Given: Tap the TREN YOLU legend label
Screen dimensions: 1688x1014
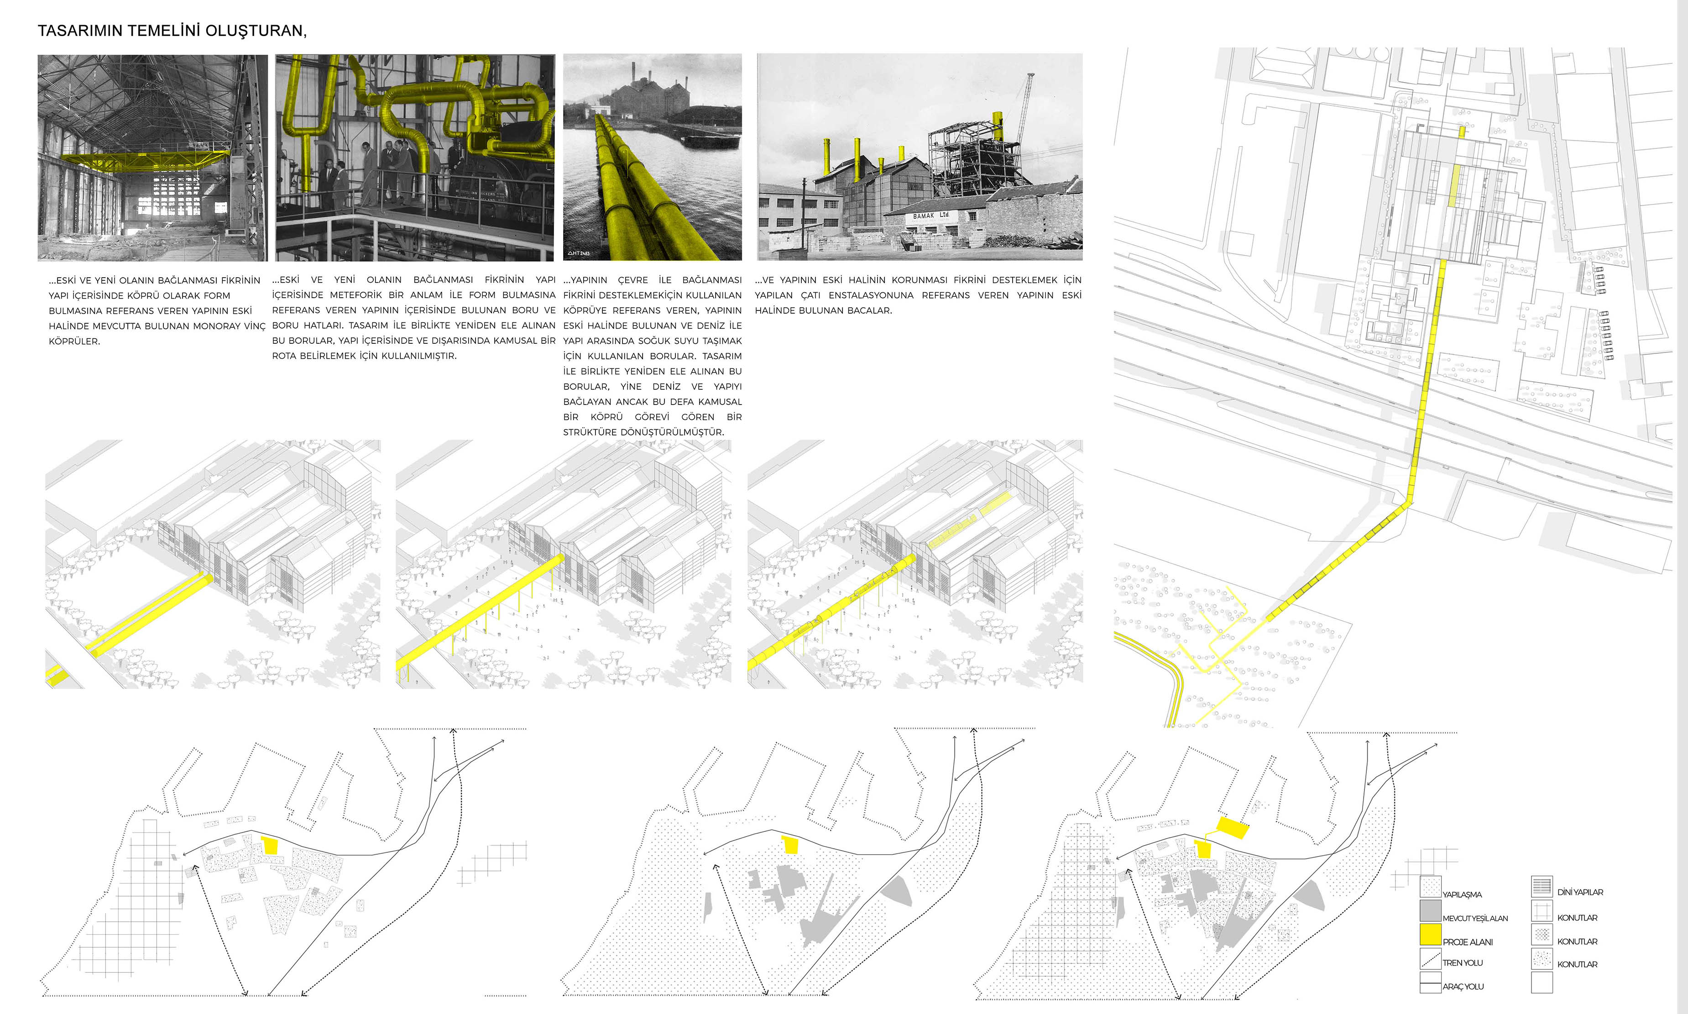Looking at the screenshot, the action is [x=1463, y=963].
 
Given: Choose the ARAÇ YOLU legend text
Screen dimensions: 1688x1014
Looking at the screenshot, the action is [x=1463, y=987].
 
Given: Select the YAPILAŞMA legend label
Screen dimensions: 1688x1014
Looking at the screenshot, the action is [x=1462, y=894].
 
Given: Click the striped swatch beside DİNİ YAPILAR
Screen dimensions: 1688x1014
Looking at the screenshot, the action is [x=1542, y=886].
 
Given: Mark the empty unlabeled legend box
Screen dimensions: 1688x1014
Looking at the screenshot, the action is [x=1542, y=982].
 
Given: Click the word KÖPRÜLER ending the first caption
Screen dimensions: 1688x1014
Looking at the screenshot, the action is [x=74, y=342].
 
